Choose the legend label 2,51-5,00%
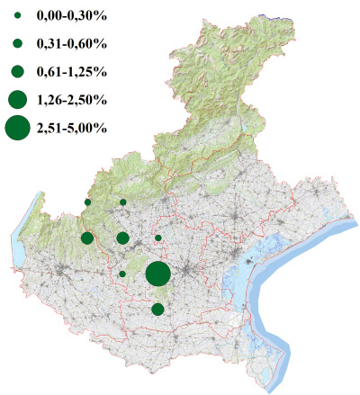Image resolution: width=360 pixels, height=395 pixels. point(72,128)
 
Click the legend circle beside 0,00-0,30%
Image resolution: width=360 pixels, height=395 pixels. point(17,16)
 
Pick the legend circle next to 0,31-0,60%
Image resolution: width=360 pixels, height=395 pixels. point(17,44)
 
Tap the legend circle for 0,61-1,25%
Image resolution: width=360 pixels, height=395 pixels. point(17,71)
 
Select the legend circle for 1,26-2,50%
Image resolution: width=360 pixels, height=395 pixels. point(17,99)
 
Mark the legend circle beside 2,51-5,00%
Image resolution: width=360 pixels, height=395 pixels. point(17,128)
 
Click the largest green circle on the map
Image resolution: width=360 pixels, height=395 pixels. point(157,274)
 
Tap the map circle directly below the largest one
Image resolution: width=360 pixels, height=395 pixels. point(157,310)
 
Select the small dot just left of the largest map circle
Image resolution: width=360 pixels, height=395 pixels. point(122,274)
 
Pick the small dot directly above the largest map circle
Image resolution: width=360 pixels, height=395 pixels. point(158,238)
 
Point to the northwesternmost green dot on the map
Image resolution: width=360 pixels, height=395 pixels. point(87,202)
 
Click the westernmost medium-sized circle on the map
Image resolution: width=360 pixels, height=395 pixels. point(87,238)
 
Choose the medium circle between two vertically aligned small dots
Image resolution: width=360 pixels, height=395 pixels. point(122,238)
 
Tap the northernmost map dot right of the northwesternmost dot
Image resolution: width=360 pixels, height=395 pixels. point(122,202)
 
